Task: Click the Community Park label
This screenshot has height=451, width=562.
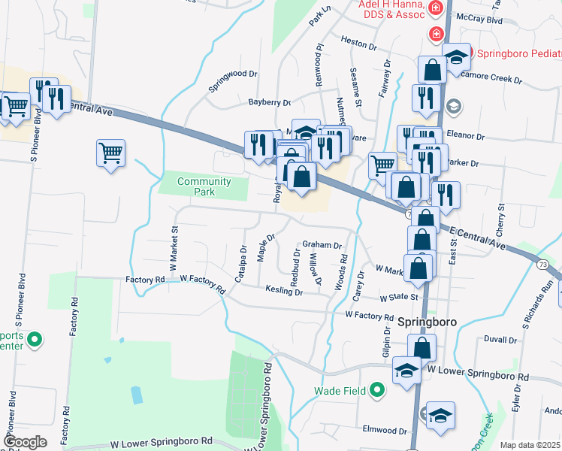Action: click(x=204, y=186)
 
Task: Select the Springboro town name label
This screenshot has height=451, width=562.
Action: click(x=428, y=319)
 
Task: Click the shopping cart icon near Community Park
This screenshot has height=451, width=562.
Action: click(x=110, y=153)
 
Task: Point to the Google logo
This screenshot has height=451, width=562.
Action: click(x=24, y=442)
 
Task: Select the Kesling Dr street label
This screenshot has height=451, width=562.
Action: click(x=283, y=291)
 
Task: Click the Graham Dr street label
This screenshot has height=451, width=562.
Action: click(x=322, y=245)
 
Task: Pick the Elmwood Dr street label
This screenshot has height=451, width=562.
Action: click(x=384, y=431)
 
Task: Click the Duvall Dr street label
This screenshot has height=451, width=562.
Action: click(x=502, y=340)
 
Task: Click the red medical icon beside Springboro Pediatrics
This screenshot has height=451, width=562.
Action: click(x=435, y=34)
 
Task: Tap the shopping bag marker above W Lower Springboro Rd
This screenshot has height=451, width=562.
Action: click(x=422, y=347)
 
